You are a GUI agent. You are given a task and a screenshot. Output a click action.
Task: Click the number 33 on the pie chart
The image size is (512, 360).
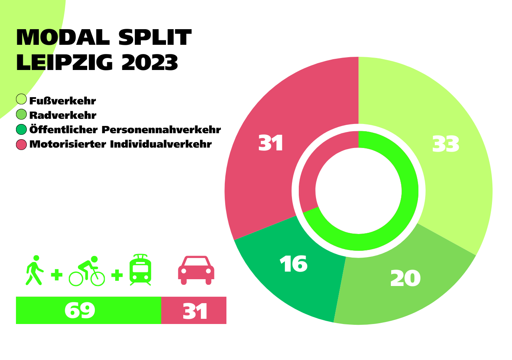446,144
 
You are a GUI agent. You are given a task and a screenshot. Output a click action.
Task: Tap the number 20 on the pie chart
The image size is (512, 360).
405,279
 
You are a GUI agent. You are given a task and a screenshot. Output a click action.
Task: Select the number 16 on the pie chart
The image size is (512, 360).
294,264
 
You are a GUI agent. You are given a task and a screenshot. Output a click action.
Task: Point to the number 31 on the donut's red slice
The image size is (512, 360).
271,143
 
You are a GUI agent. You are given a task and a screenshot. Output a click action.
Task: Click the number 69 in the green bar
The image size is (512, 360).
80,310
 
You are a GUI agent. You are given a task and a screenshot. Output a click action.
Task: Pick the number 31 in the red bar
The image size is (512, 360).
195,312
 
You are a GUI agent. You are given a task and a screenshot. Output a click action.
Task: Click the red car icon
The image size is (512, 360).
196,270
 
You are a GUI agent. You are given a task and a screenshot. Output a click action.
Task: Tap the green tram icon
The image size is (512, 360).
140,270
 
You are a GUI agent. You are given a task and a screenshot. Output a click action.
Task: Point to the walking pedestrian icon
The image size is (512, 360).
34,270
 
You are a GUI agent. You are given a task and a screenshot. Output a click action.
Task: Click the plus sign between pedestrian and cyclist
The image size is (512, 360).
57,275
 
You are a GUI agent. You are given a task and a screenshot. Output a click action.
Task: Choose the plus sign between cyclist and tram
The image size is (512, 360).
116,275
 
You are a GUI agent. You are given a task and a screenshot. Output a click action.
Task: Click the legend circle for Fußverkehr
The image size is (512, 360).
21,99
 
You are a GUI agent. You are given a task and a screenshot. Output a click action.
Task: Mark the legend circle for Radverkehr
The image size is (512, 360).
21,114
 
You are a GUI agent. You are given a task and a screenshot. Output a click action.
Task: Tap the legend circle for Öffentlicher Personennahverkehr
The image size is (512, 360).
21,129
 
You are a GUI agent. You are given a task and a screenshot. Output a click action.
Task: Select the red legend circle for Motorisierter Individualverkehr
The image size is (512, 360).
21,144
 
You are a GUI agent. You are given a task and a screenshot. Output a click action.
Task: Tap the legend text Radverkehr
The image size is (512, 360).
63,116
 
